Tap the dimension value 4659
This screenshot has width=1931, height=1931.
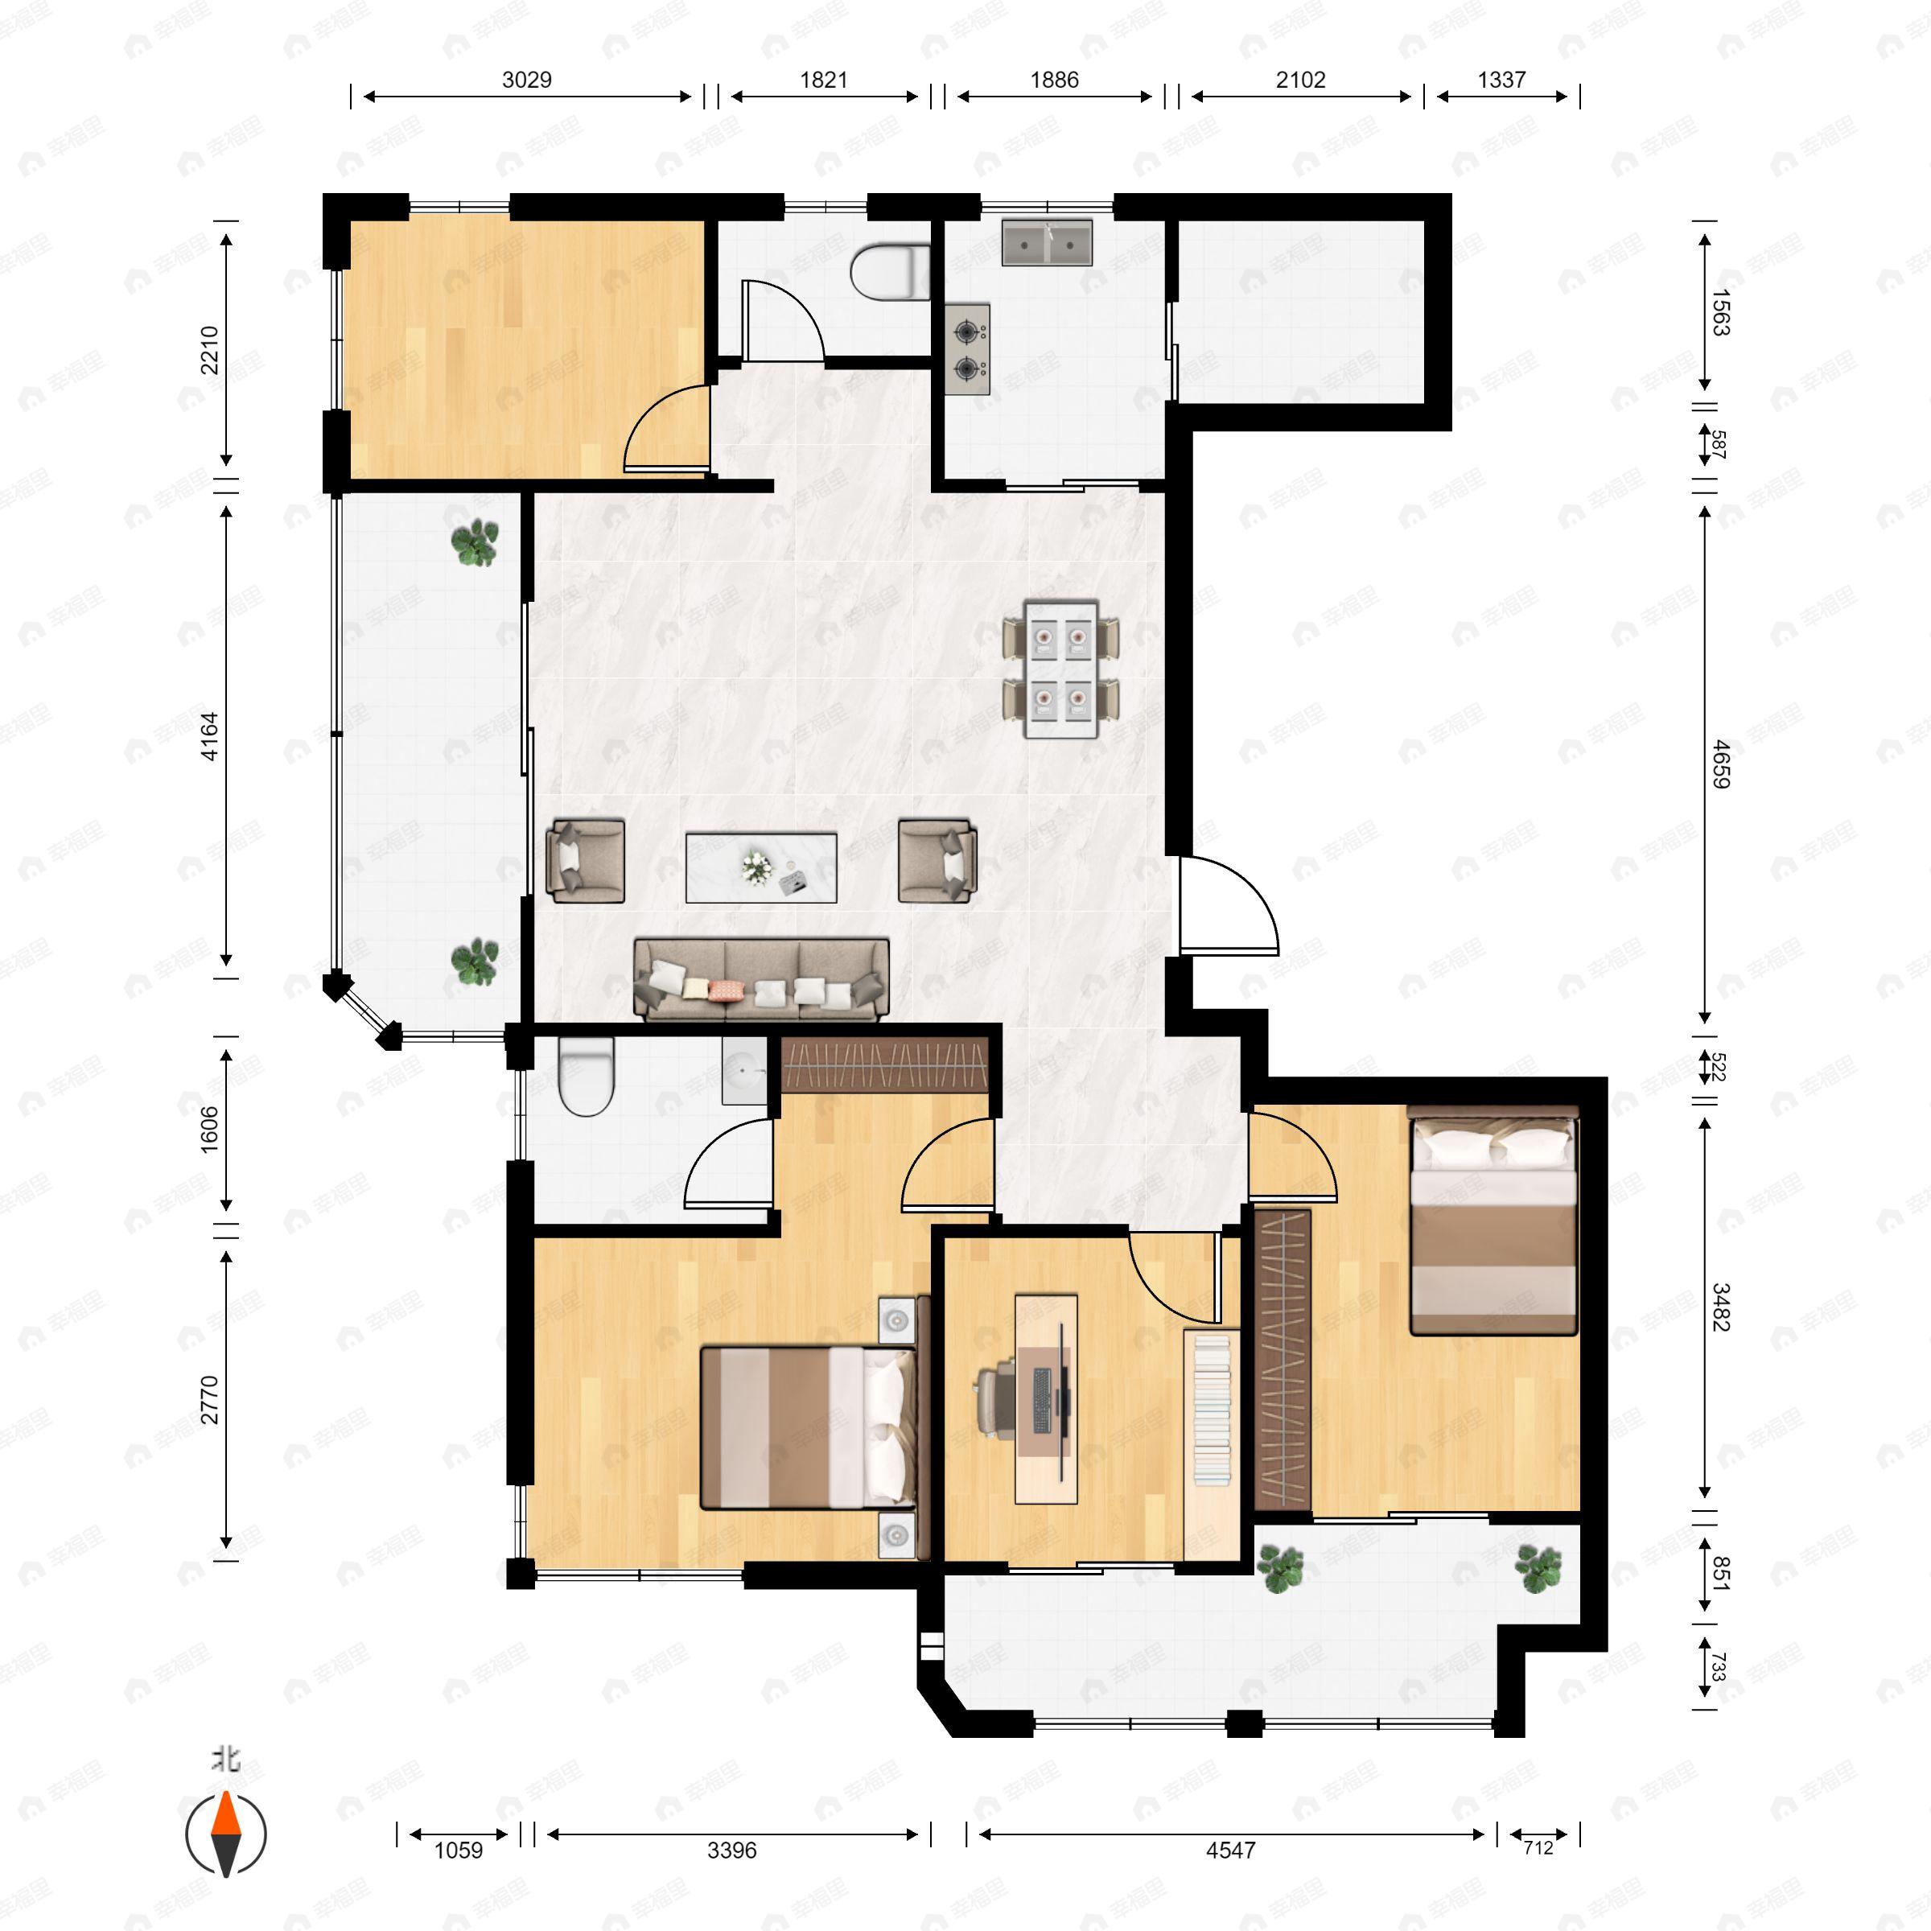point(1719,764)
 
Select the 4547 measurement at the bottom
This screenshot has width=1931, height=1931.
point(1229,1850)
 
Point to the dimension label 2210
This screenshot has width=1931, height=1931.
point(210,350)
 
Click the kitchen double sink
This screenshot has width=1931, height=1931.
point(1047,243)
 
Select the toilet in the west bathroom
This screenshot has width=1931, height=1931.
point(586,1076)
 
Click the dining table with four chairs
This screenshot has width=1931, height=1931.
point(1060,669)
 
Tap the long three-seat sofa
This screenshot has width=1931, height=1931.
point(760,979)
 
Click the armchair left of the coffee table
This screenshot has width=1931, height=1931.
point(586,861)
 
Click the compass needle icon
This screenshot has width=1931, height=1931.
point(226,1834)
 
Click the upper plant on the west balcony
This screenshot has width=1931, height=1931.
point(474,541)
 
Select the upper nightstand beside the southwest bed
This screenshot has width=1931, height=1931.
point(896,1320)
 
